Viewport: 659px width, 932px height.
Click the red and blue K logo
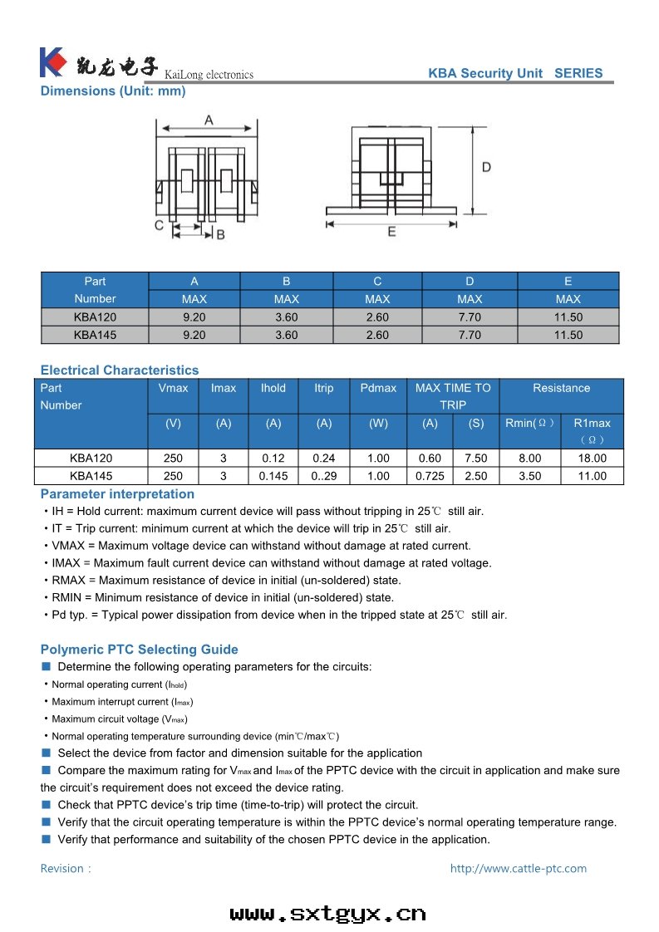pyautogui.click(x=52, y=61)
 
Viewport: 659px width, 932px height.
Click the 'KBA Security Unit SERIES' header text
pyautogui.click(x=515, y=73)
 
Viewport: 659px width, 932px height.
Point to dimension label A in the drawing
pyautogui.click(x=209, y=120)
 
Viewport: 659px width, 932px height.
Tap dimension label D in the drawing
pyautogui.click(x=486, y=167)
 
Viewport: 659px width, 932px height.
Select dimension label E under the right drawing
pyautogui.click(x=391, y=232)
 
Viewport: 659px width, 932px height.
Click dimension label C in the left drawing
pyautogui.click(x=159, y=225)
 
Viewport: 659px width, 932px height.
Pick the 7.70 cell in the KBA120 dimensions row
pyautogui.click(x=469, y=317)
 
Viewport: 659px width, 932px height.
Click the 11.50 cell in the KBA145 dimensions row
pyautogui.click(x=568, y=335)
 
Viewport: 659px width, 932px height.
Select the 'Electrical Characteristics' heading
pyautogui.click(x=120, y=370)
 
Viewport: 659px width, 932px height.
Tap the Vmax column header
pyautogui.click(x=173, y=388)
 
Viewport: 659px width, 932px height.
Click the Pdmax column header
pyautogui.click(x=378, y=388)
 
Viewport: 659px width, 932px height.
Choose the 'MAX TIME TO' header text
pyautogui.click(x=453, y=388)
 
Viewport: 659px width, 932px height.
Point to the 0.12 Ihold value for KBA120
pyautogui.click(x=273, y=458)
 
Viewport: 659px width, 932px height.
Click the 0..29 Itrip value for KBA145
pyautogui.click(x=324, y=476)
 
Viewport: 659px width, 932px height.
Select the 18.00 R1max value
pyautogui.click(x=592, y=458)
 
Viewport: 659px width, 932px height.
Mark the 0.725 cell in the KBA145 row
pyautogui.click(x=430, y=476)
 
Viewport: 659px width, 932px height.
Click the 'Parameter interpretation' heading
pyautogui.click(x=117, y=494)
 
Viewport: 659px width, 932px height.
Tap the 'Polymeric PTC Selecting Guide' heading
pyautogui.click(x=139, y=650)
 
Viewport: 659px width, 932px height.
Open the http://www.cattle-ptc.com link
pyautogui.click(x=518, y=868)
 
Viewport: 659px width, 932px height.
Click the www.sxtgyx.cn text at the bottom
pyautogui.click(x=327, y=914)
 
